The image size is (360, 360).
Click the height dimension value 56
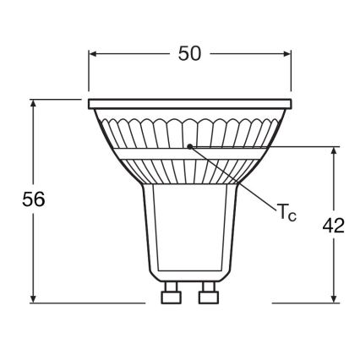coord(32,200)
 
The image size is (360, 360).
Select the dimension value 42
coord(334,226)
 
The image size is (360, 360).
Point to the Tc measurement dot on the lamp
coord(191,145)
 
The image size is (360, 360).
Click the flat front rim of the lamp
coord(189,104)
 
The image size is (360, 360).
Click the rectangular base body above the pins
coord(189,237)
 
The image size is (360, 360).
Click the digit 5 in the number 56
coord(25,200)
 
